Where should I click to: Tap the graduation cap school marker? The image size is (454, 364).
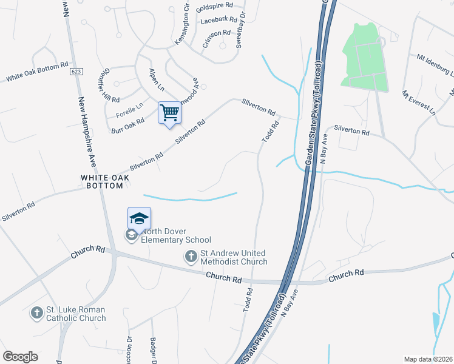click(x=139, y=218)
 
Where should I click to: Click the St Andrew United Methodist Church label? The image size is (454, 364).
click(x=234, y=257)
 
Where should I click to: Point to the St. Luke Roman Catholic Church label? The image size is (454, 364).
click(x=76, y=314)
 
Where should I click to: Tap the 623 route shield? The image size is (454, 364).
click(x=76, y=72)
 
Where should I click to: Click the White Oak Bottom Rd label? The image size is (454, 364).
click(x=37, y=72)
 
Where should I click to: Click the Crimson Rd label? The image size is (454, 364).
click(x=217, y=38)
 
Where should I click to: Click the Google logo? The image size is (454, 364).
click(x=20, y=357)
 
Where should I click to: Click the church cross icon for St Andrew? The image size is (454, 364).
click(x=191, y=257)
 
